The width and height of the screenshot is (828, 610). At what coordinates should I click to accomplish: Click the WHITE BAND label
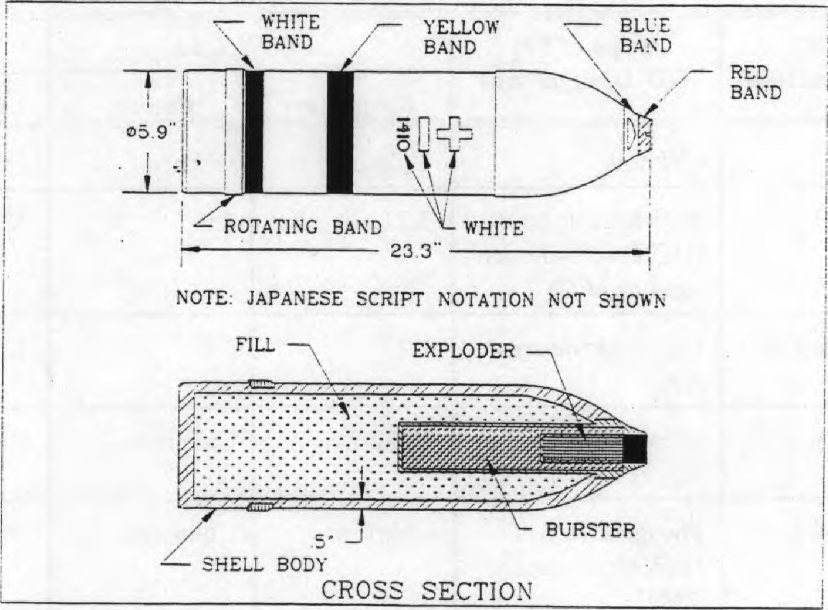pos(290,32)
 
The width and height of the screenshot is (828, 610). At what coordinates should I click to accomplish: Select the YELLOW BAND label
pos(461,37)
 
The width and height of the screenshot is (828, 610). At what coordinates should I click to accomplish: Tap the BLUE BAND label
pos(645,35)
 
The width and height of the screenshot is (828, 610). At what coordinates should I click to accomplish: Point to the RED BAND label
pos(755,83)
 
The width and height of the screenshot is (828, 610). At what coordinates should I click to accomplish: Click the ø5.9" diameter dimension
pos(151,132)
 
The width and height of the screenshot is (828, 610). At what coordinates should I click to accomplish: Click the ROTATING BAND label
pos(303,226)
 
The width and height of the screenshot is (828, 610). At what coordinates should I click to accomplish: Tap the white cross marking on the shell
pos(454,133)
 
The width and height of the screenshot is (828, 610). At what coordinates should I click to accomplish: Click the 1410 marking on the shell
pos(402,133)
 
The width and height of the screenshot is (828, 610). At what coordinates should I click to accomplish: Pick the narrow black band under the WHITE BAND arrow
pos(254,132)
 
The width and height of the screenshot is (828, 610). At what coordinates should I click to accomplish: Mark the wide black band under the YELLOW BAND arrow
pos(340,132)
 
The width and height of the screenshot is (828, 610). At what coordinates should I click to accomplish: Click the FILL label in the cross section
pos(255,345)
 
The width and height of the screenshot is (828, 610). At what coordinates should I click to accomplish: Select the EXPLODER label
pos(463,350)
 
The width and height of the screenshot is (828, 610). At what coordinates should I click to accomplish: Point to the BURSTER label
pos(591,530)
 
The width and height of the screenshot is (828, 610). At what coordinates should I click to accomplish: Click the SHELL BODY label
pos(264,563)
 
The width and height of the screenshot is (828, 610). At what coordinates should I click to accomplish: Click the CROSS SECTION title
pos(427,590)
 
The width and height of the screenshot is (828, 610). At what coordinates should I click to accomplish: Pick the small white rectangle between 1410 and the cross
pos(424,133)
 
